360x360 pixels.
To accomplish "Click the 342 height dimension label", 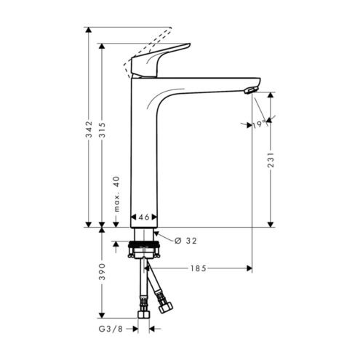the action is coord(89,129).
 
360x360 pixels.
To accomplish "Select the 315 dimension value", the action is coord(103,130).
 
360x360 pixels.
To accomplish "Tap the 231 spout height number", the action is coord(271,160).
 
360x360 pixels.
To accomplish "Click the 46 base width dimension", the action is coord(144,217).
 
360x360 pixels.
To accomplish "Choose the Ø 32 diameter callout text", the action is coord(185,241).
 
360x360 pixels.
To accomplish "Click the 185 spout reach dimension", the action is coord(198,268).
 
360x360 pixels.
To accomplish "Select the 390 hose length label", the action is coord(103,272).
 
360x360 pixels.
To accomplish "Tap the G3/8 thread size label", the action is coord(111,329).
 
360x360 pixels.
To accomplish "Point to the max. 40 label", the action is coord(116,194).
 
